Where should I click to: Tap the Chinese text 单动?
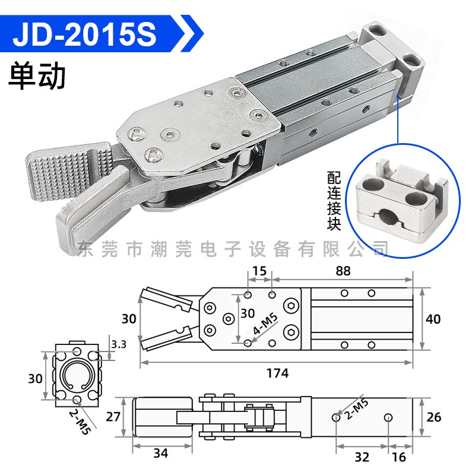[x=37, y=75]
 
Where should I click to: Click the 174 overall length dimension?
[x=277, y=373]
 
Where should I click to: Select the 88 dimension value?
[x=343, y=271]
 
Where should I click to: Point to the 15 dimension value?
[x=259, y=271]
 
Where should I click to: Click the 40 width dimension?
[x=434, y=319]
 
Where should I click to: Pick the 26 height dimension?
[x=434, y=417]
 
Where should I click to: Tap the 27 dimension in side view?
[x=113, y=417]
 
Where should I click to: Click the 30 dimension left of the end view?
[x=30, y=377]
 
